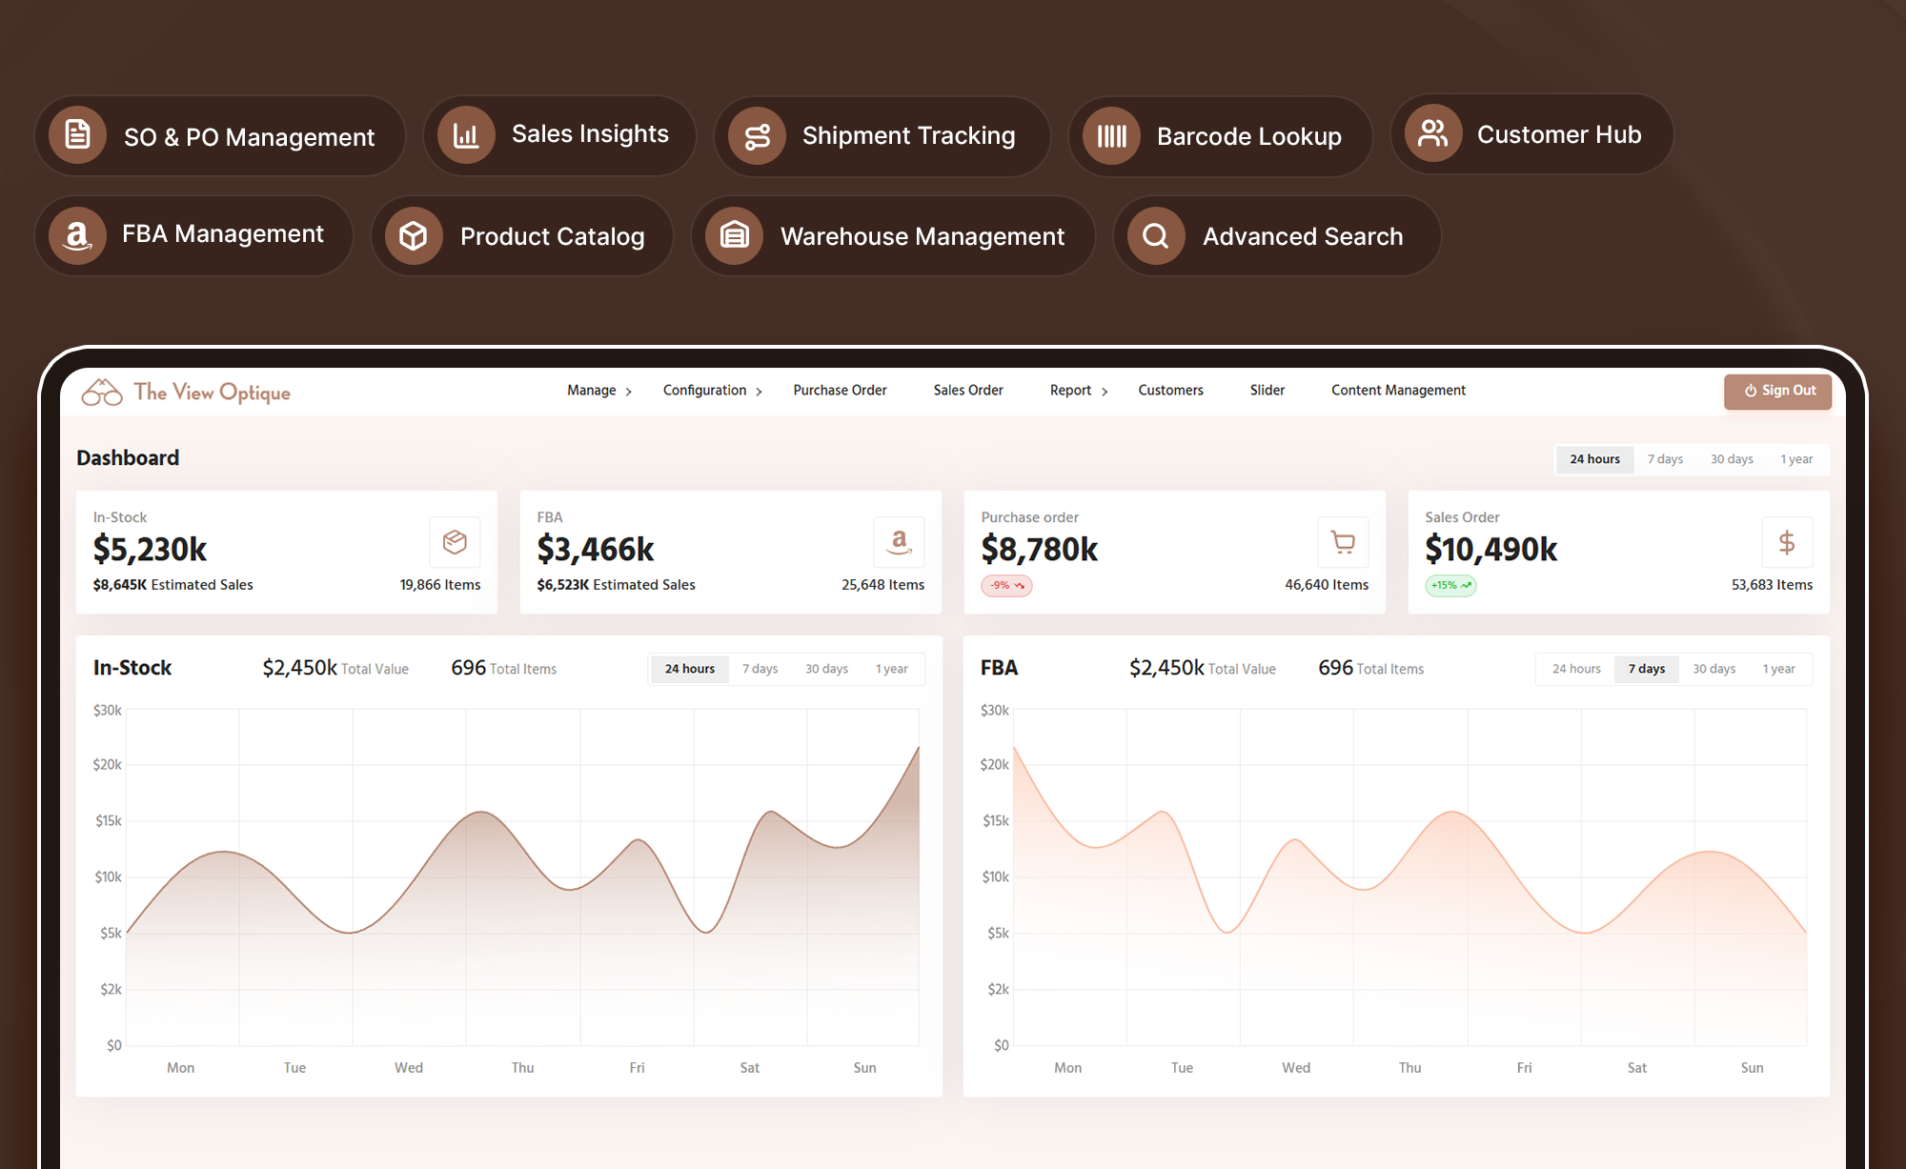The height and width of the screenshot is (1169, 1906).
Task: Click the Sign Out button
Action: coord(1777,391)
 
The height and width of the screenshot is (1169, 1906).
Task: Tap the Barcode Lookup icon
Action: coord(1111,136)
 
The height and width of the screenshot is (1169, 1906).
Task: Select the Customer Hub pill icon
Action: coord(1433,133)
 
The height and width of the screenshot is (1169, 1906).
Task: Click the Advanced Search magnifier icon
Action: coord(1156,235)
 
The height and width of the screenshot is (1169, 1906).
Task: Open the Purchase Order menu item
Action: coord(840,391)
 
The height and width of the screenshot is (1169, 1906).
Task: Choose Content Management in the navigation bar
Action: coord(1398,391)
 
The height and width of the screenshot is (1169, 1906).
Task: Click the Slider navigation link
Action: coord(1267,391)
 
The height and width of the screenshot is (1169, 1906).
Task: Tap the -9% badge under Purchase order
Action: coord(1006,585)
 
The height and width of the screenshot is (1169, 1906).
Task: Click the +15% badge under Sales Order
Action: coord(1450,585)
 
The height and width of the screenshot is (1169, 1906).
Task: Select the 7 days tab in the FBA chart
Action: coord(1647,669)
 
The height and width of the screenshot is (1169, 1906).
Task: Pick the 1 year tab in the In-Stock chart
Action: coord(892,669)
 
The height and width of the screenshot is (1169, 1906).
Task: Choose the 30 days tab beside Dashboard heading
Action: coord(1732,459)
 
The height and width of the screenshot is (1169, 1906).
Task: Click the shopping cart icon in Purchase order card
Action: coord(1343,542)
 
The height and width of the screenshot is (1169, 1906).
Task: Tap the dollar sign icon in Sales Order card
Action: coord(1787,542)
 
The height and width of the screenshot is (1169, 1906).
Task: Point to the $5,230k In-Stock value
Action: coord(150,549)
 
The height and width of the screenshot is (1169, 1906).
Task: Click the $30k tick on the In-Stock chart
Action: coord(108,710)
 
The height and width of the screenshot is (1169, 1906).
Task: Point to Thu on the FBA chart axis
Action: coord(1409,1068)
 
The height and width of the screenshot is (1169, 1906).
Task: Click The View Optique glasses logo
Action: coord(102,392)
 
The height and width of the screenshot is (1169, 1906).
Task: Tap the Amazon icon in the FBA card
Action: coord(899,542)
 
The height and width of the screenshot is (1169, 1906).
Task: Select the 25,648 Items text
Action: coord(882,585)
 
